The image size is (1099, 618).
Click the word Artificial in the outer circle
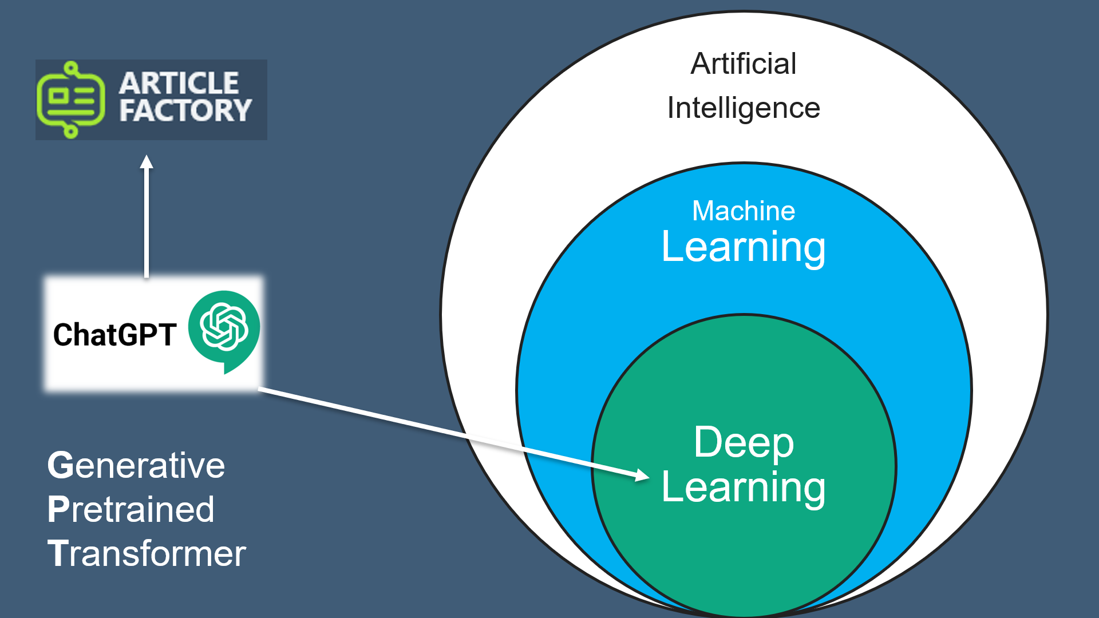click(743, 64)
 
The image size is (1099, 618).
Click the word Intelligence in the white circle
click(743, 109)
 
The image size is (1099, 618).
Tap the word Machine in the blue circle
click(743, 211)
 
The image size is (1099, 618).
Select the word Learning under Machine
click(743, 247)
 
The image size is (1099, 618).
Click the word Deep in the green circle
click(743, 442)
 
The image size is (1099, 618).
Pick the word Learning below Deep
click(743, 488)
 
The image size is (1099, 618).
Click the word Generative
click(136, 465)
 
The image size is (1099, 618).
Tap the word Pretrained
click(131, 509)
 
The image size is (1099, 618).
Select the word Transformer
click(147, 554)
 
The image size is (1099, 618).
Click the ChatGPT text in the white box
click(114, 335)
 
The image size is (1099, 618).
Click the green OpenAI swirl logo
click(224, 326)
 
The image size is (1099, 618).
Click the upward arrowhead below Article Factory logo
click(147, 162)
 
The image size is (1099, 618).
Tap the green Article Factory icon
click(70, 100)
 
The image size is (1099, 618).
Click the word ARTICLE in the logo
click(179, 84)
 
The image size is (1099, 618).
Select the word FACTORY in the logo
click(185, 110)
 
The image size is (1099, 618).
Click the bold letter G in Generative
click(60, 465)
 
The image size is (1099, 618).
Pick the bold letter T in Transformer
click(57, 554)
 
